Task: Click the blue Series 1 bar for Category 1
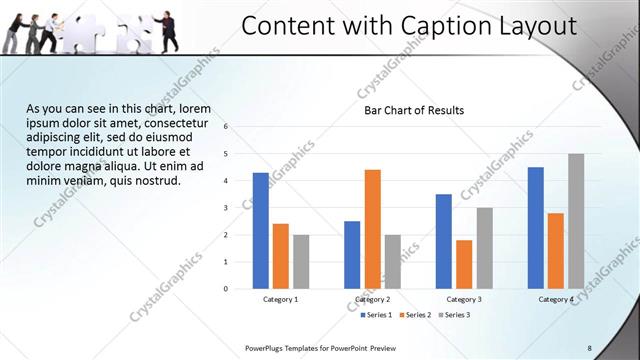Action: click(261, 230)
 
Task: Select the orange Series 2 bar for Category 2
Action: click(372, 229)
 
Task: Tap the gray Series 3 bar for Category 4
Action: click(576, 221)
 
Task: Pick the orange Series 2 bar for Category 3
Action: click(464, 264)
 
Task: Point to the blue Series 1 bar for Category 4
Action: click(536, 227)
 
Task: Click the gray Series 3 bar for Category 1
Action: click(301, 261)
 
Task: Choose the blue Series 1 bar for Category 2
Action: click(352, 254)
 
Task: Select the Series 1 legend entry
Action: click(378, 315)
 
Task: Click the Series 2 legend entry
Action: click(417, 315)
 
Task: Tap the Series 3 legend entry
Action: click(455, 315)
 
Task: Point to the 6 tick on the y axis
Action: click(226, 126)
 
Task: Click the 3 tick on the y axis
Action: click(226, 208)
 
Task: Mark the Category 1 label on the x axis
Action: click(281, 299)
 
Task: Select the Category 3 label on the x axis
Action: click(464, 299)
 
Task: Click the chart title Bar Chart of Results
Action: click(413, 110)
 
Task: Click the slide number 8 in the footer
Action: click(589, 347)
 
